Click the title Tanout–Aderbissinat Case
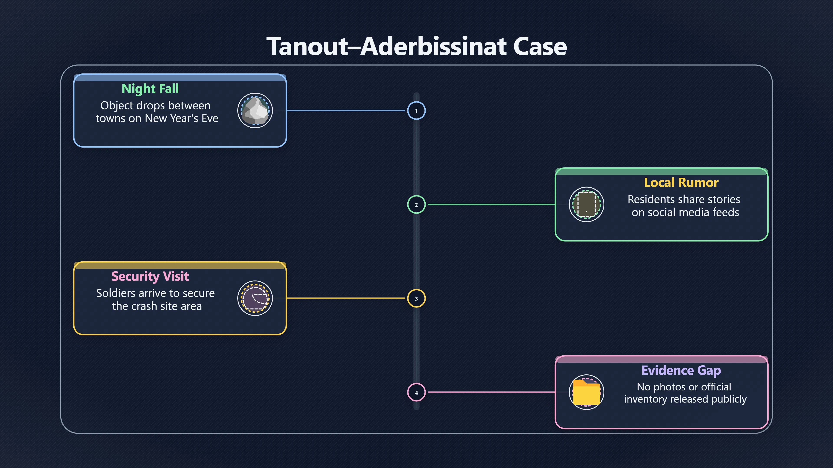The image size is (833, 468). click(x=416, y=46)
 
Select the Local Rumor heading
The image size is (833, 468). click(x=681, y=182)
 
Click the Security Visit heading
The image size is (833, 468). click(x=150, y=276)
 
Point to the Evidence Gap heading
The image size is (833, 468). click(x=681, y=370)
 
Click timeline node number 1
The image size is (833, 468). click(x=416, y=111)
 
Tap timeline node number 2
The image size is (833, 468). click(x=416, y=205)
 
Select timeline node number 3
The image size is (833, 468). click(x=416, y=298)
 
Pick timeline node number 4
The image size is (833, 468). click(x=416, y=392)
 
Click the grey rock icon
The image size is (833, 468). click(x=255, y=111)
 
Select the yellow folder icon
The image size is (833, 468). click(x=586, y=392)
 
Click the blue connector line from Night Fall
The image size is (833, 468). click(x=346, y=110)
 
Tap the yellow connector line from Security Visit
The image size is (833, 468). click(x=346, y=298)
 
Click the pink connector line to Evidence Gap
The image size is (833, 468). click(x=492, y=392)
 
